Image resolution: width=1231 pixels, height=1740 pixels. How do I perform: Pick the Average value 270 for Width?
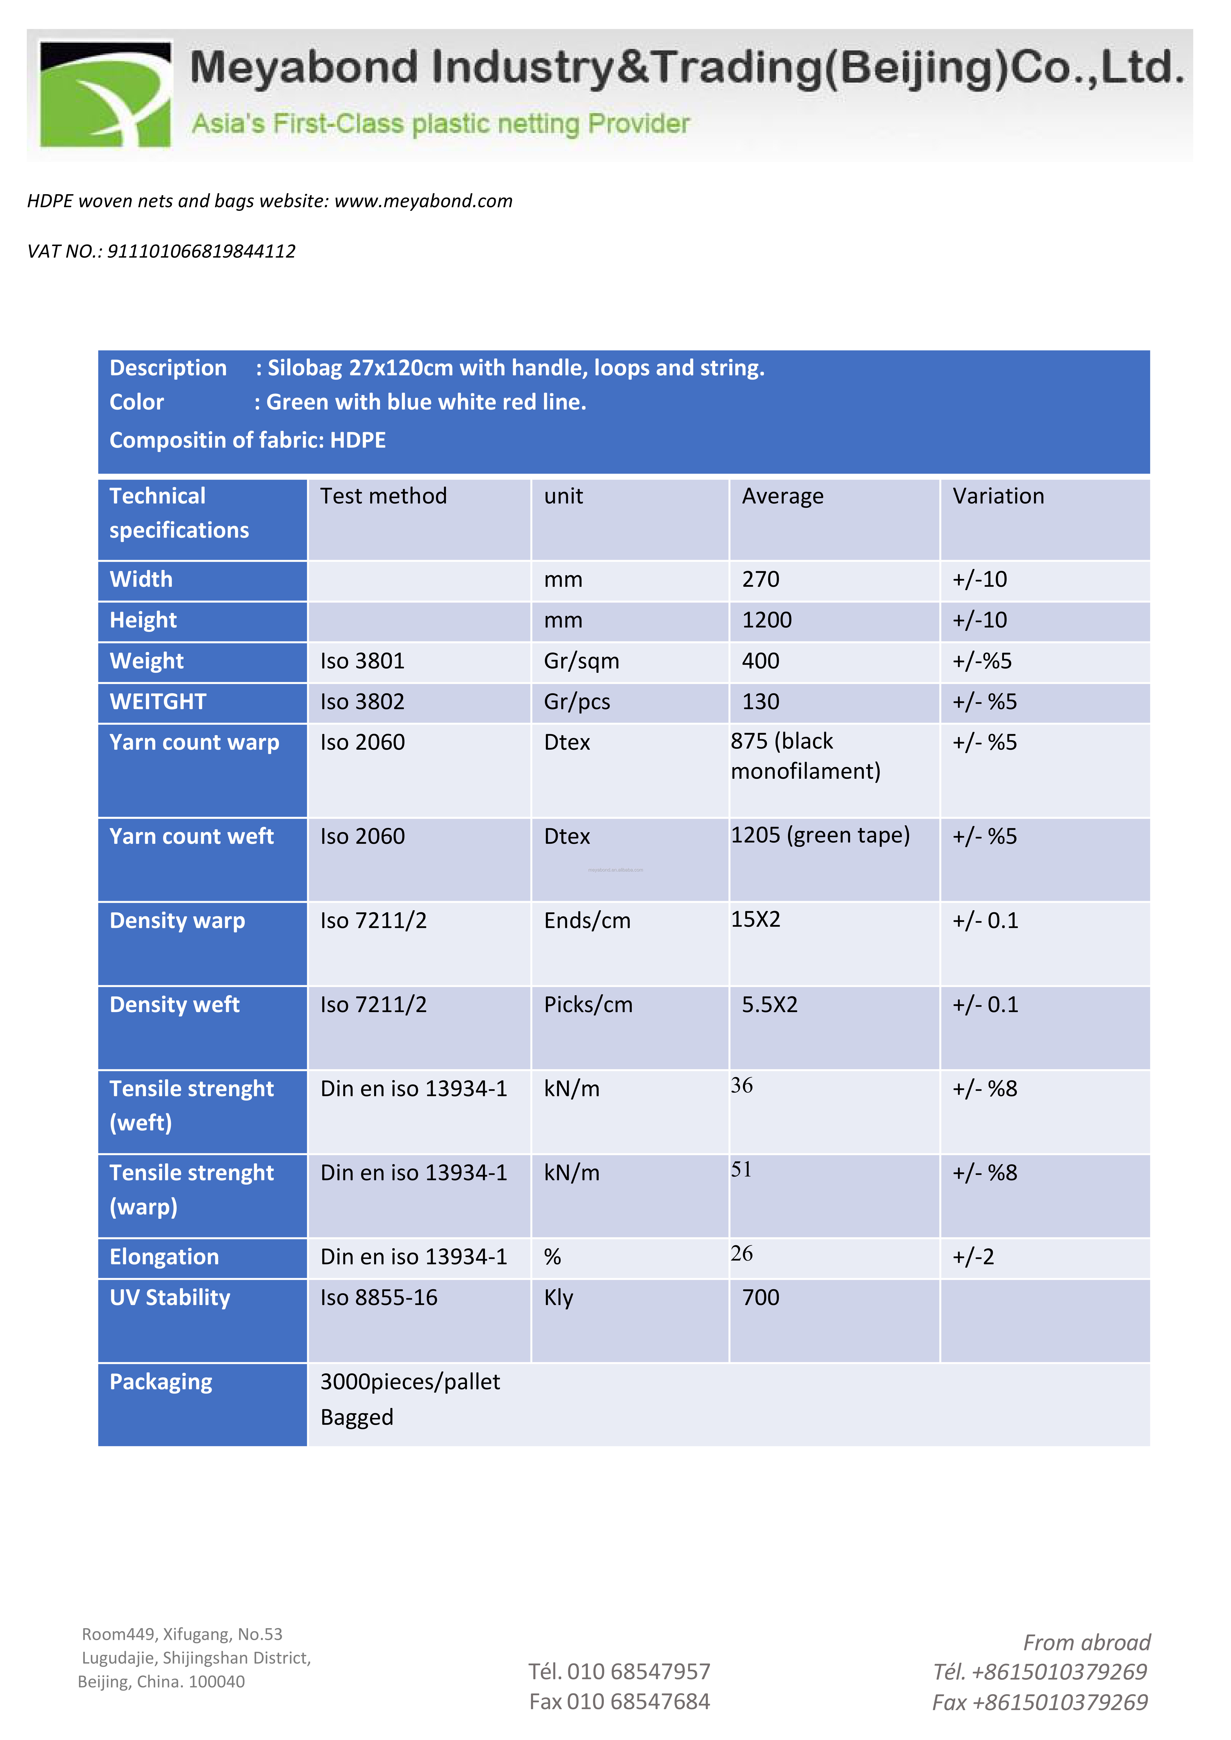760,580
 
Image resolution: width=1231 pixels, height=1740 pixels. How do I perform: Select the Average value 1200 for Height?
766,621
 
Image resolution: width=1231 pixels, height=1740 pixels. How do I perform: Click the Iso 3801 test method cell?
362,662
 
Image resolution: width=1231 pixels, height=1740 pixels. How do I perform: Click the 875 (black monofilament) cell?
805,756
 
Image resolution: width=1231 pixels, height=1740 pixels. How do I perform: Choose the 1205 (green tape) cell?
820,835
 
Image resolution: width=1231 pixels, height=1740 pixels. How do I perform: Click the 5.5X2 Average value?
769,1005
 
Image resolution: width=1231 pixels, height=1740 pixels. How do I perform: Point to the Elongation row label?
164,1257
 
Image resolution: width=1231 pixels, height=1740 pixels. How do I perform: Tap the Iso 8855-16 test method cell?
378,1298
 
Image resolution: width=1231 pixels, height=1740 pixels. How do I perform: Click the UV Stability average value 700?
760,1298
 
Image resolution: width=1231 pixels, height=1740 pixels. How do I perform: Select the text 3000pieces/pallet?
410,1382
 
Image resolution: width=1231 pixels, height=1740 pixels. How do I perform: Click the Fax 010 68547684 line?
619,1702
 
